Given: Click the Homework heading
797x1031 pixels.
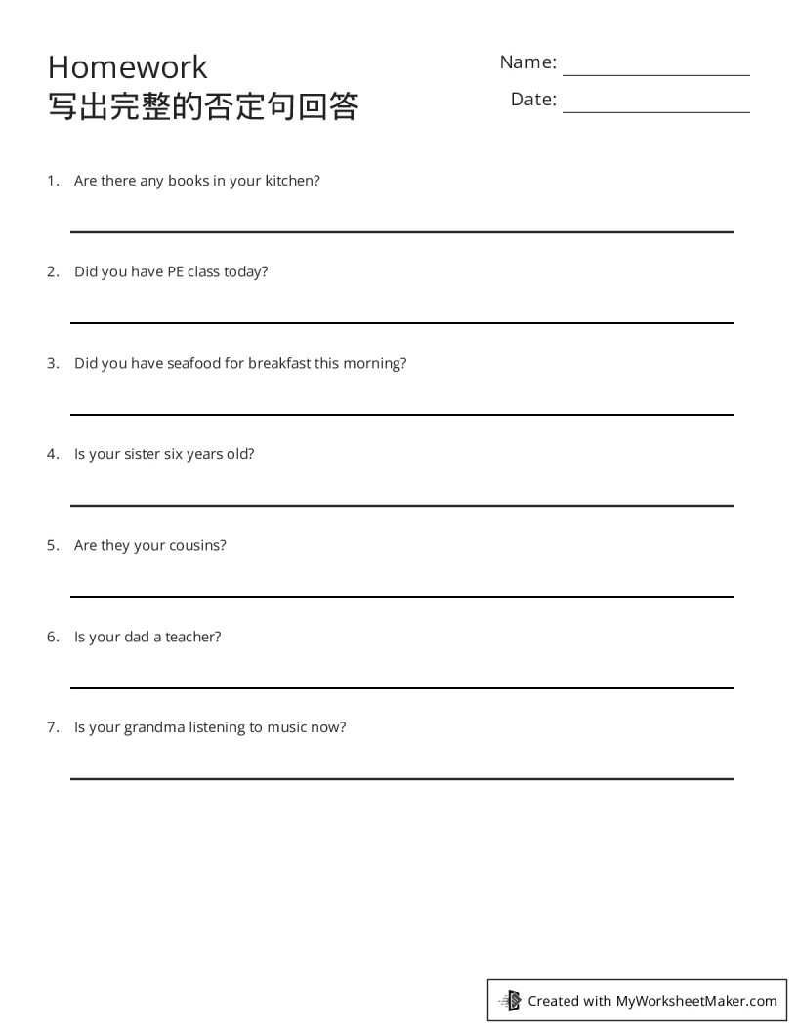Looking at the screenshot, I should click(127, 66).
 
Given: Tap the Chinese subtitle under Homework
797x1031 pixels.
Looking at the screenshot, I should click(203, 106).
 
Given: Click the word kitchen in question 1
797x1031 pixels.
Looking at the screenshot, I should click(291, 181).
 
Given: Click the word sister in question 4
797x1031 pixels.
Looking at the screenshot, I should click(143, 454).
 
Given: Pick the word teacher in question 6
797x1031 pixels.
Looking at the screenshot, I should click(192, 637).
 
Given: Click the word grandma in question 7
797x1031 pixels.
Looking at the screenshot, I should click(154, 727).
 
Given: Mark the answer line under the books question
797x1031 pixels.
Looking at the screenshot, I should click(401, 231).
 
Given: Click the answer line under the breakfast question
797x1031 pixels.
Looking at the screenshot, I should click(401, 414).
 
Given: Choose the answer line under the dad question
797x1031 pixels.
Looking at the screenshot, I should click(401, 687).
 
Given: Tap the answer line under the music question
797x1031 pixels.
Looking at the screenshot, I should click(401, 778).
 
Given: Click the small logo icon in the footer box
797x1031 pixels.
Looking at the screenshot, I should click(510, 1000).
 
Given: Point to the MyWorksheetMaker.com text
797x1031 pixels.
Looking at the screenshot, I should click(695, 1000).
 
